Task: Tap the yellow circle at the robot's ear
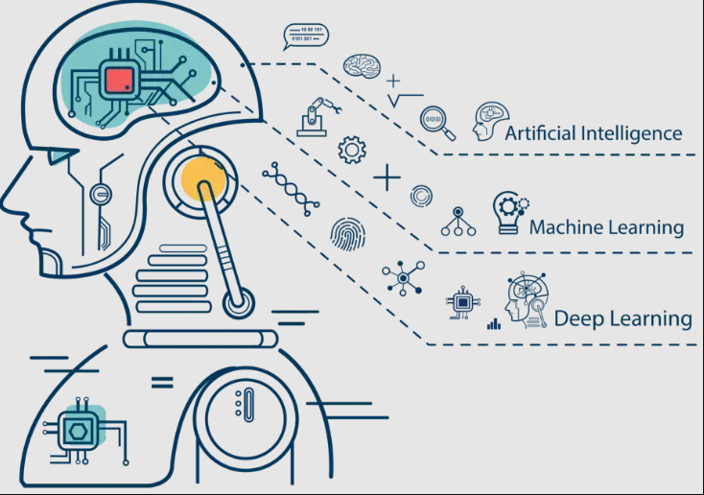coord(202,178)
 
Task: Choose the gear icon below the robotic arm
coord(353,149)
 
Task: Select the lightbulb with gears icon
coord(509,212)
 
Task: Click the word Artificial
coord(543,133)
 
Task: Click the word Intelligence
coord(633,133)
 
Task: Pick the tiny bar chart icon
coord(494,324)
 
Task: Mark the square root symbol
coord(405,98)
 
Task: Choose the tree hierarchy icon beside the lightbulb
coord(458,223)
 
